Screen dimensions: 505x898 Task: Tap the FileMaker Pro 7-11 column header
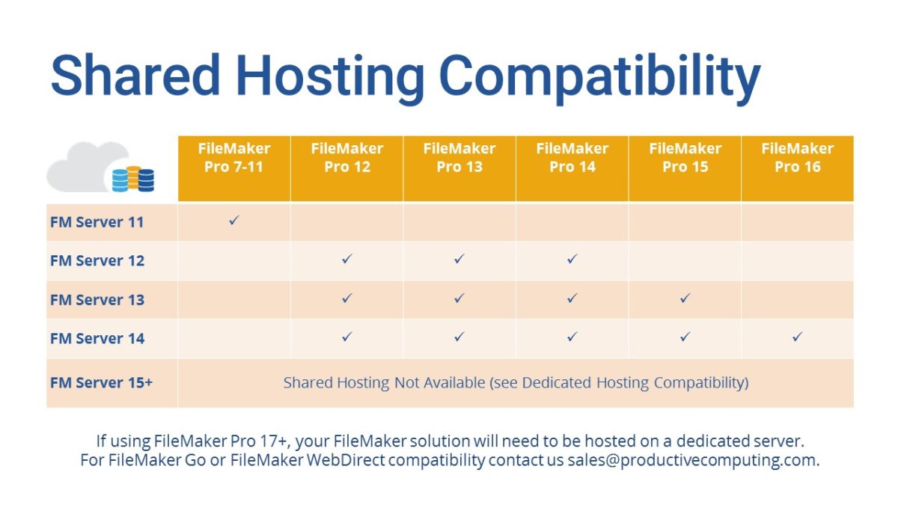coord(234,158)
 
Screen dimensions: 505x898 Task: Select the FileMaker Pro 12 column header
coord(347,158)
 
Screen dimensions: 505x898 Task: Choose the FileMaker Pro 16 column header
coord(797,158)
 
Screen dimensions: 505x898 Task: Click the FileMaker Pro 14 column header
coord(572,158)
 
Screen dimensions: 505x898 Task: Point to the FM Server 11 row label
coord(97,222)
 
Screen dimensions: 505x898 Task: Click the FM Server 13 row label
coord(97,300)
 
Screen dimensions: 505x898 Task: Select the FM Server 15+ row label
coord(101,382)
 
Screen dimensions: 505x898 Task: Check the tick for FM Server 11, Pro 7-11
coord(234,221)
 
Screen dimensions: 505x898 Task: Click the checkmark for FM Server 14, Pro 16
coord(797,337)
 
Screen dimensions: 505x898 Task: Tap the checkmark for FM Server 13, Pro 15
coord(685,299)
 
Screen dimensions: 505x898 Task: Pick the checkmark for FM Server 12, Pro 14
coord(572,259)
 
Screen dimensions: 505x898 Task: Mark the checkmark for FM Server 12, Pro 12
coord(346,259)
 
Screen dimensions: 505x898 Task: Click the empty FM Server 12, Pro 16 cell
coord(797,260)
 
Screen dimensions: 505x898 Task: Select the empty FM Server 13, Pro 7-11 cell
coord(234,299)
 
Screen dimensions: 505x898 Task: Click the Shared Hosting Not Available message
coord(516,382)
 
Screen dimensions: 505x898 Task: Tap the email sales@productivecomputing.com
coord(692,460)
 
